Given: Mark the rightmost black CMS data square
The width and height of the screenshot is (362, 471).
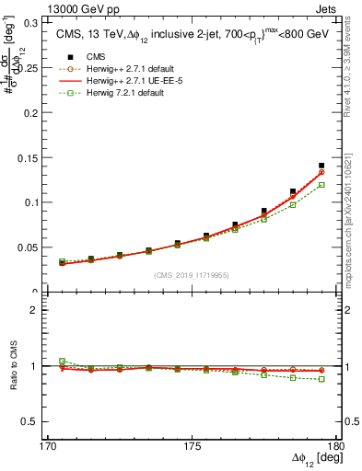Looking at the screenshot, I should pyautogui.click(x=321, y=166).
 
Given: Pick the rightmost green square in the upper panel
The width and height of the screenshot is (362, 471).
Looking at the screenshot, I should pyautogui.click(x=321, y=185).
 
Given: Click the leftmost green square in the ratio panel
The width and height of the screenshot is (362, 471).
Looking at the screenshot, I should pyautogui.click(x=62, y=361).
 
